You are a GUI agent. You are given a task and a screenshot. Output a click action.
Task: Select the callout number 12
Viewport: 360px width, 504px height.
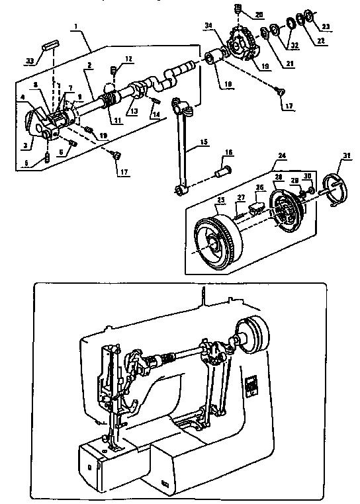click(128, 58)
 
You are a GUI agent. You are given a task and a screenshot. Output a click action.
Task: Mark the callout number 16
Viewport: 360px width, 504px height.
click(228, 153)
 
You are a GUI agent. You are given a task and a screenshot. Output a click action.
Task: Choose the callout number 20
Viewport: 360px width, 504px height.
click(259, 14)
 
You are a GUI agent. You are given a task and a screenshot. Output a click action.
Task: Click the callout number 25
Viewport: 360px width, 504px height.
click(221, 200)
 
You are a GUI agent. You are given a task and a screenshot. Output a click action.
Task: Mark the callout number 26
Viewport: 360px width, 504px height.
click(260, 188)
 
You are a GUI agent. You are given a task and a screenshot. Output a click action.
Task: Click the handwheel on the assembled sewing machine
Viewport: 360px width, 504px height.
click(252, 335)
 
